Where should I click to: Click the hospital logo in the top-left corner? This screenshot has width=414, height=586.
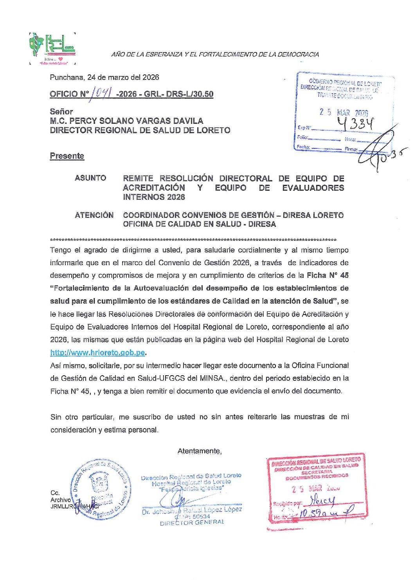point(52,49)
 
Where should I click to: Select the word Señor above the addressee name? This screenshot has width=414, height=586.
point(61,112)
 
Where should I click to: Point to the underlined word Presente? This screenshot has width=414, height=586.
point(67,156)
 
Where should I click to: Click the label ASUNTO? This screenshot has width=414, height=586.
point(90,178)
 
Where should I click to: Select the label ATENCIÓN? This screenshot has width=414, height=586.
point(94,215)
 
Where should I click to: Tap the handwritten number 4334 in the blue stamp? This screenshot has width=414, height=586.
point(356,123)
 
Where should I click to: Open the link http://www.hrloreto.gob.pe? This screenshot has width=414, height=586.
point(98,353)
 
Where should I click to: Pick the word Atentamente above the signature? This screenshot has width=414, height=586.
point(199,451)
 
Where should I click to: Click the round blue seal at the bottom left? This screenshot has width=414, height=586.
point(100,490)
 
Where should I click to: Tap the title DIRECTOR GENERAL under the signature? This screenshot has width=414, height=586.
point(192,522)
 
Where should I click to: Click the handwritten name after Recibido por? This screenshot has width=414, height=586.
point(322,501)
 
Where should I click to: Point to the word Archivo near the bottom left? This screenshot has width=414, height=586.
point(60,500)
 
